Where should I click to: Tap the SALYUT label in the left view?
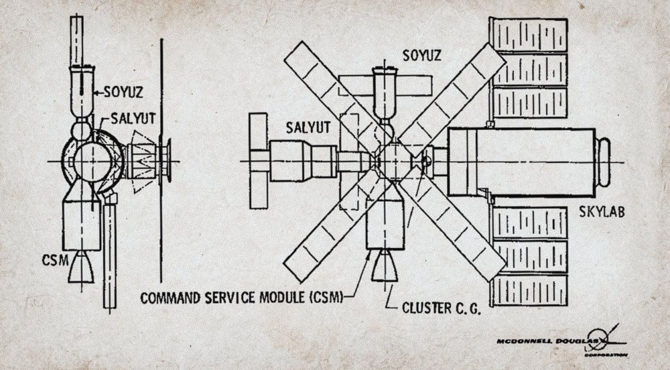(x=133, y=119)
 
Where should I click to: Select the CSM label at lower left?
(x=55, y=260)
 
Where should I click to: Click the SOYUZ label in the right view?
(x=421, y=55)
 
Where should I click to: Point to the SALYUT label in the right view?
(x=308, y=127)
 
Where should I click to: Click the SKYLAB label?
(x=602, y=212)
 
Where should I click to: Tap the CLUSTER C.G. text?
(x=442, y=308)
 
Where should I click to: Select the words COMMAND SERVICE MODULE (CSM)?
(x=243, y=298)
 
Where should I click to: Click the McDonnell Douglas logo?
(x=562, y=341)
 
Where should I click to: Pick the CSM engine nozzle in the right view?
(x=385, y=265)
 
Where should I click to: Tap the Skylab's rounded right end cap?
(x=604, y=162)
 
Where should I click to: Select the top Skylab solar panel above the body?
(x=529, y=35)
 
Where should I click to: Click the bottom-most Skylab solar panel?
(x=530, y=290)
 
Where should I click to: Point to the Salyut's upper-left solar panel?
(x=258, y=131)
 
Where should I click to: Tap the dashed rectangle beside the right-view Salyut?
(x=350, y=162)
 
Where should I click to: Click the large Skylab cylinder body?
(x=521, y=162)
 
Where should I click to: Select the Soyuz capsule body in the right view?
(x=385, y=93)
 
